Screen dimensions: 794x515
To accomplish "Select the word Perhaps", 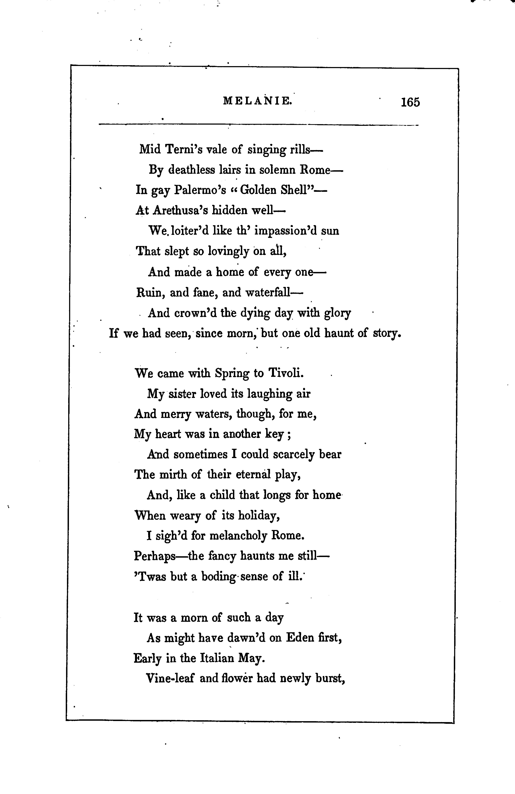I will (155, 556).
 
